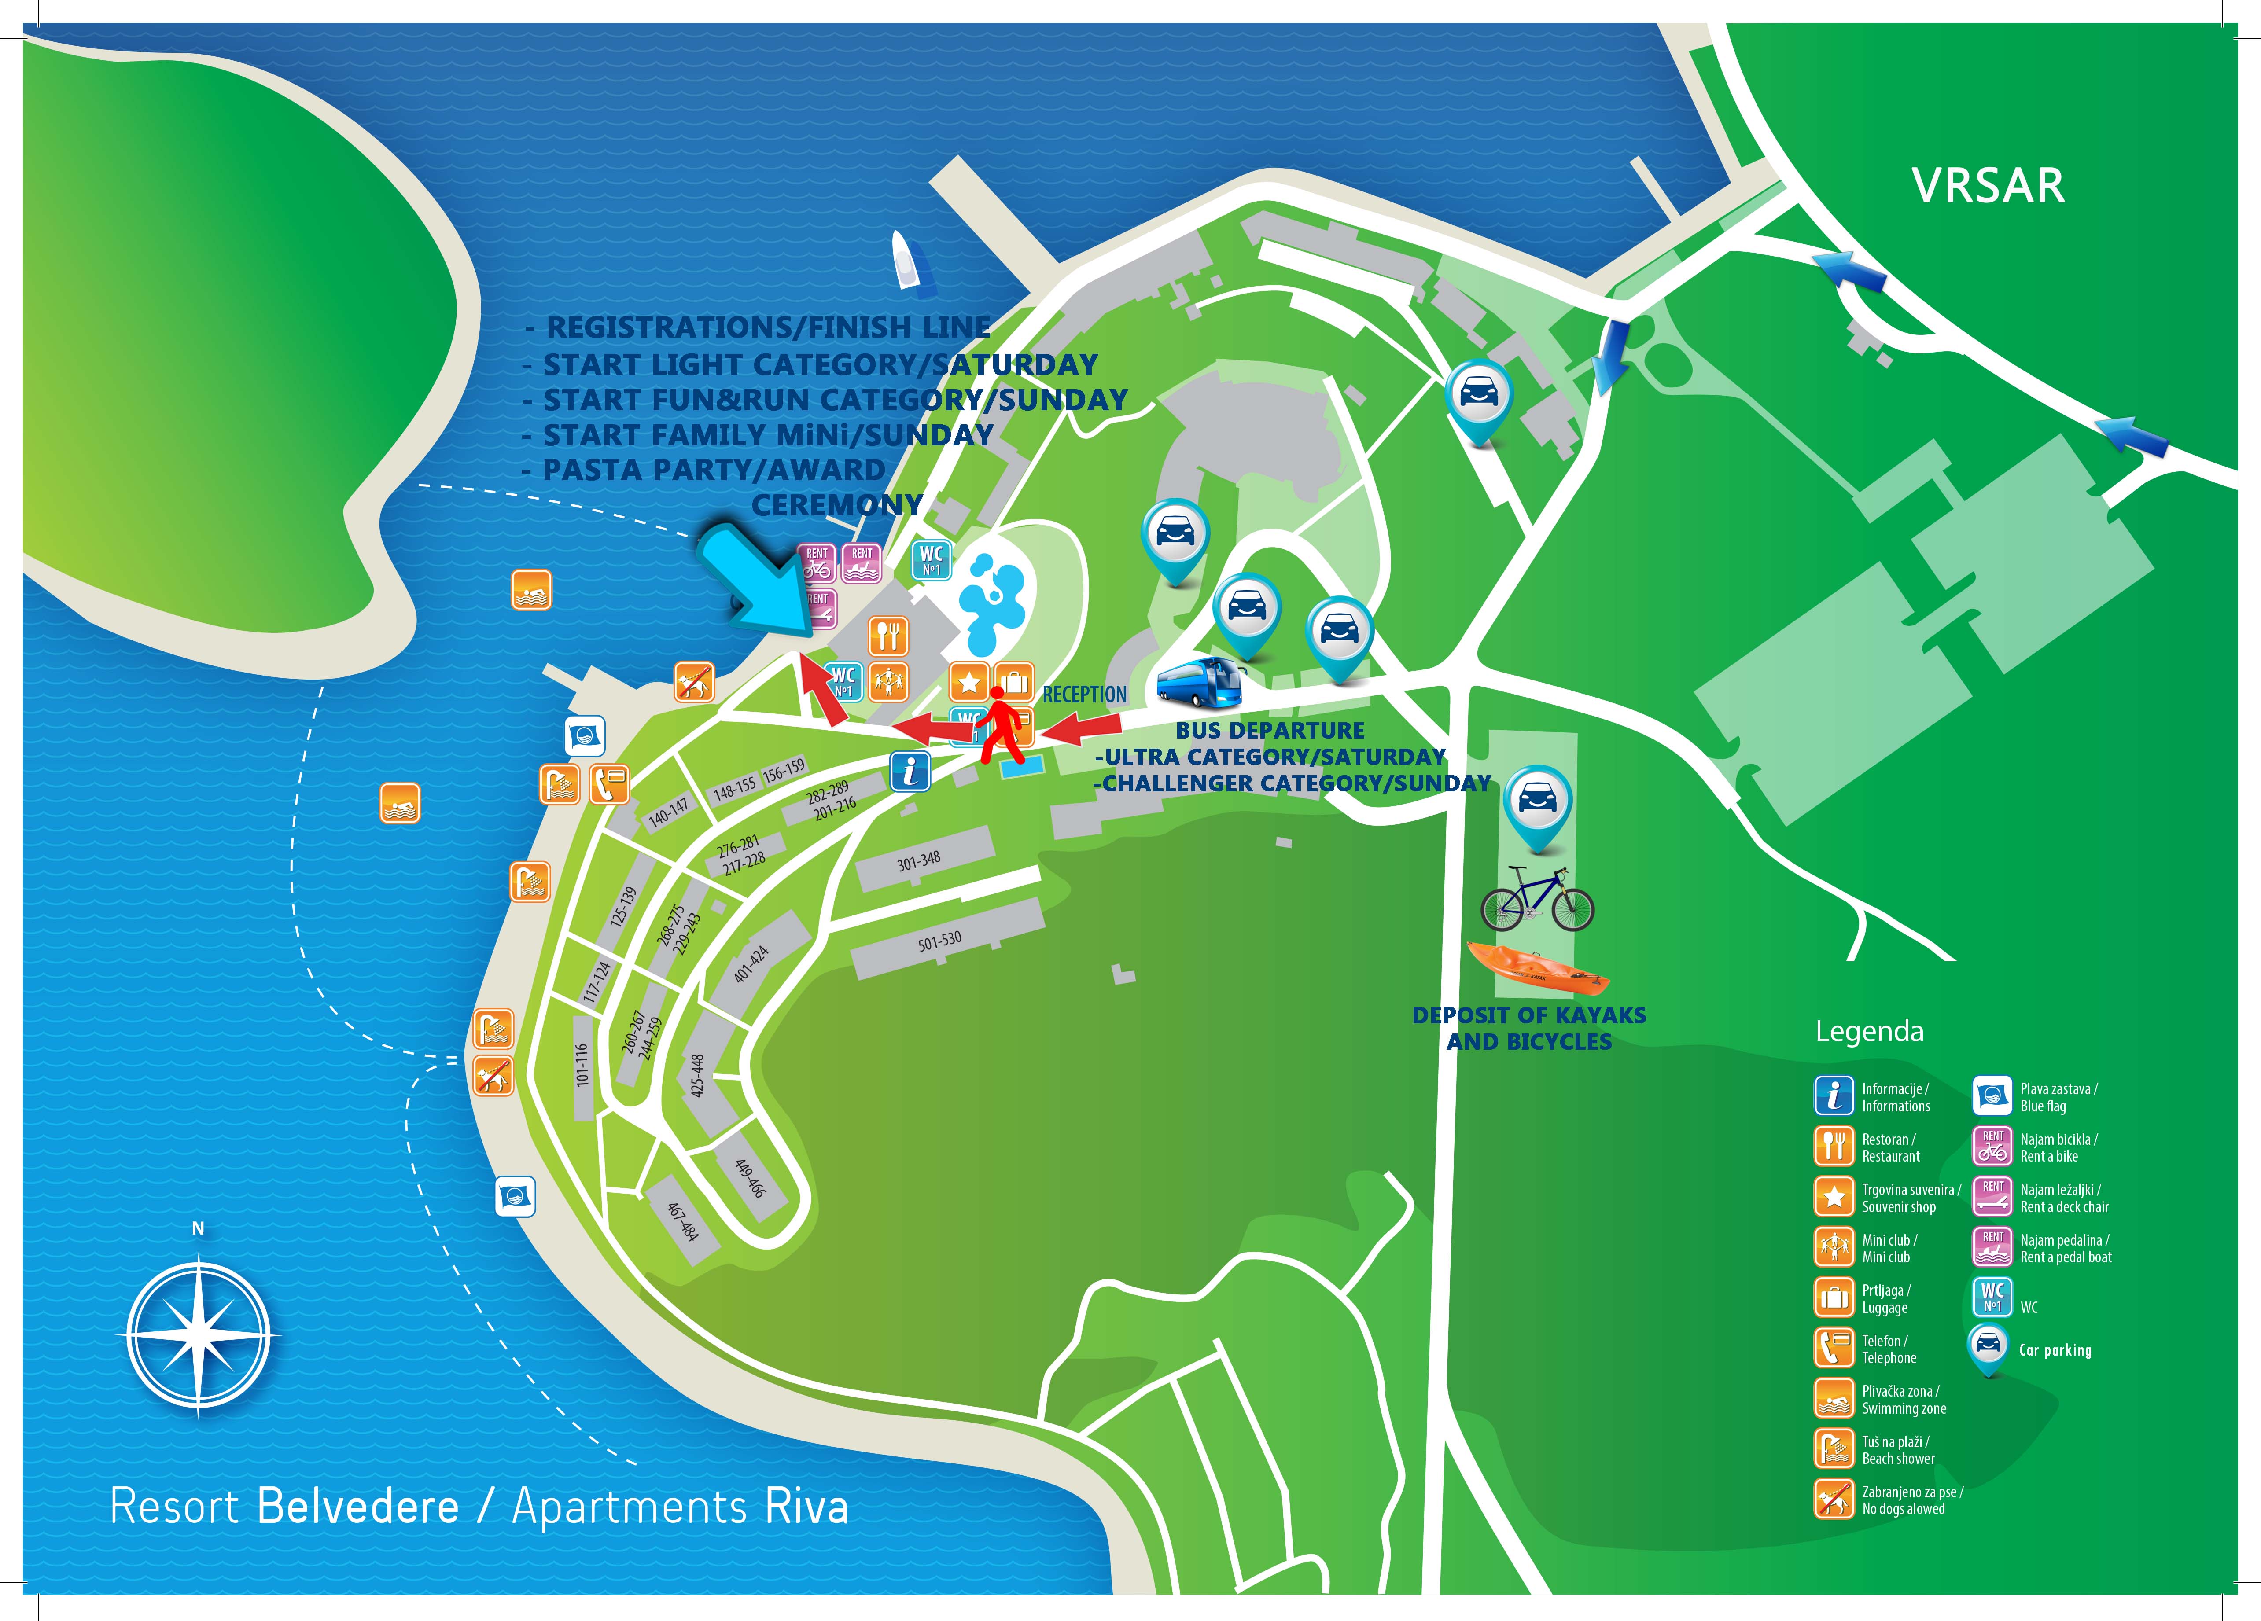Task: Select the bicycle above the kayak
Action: pyautogui.click(x=1536, y=899)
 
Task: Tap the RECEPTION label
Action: pyautogui.click(x=1085, y=695)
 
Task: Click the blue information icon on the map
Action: pyautogui.click(x=909, y=772)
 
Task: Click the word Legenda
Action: pyautogui.click(x=1869, y=1031)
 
